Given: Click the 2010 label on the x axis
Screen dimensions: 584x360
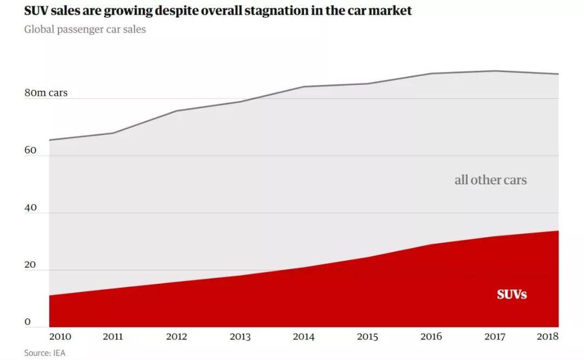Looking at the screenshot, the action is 60,337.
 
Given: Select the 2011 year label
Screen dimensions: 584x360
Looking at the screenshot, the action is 113,337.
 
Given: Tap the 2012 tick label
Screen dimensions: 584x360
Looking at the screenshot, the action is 176,337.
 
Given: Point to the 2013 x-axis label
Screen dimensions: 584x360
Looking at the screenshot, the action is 240,337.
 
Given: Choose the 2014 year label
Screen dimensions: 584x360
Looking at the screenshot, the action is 303,337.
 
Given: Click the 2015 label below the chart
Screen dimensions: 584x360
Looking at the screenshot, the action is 367,337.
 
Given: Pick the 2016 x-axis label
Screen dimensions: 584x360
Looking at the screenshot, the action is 432,337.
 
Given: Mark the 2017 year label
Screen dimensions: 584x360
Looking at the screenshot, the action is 495,337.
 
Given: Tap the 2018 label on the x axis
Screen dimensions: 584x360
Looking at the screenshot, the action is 547,337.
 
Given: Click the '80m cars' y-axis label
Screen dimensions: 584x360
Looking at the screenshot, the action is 46,92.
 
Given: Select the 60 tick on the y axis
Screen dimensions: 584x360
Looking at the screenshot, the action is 30,150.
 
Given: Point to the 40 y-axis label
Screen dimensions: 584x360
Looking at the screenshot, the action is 30,208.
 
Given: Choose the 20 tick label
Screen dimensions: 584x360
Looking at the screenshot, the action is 30,265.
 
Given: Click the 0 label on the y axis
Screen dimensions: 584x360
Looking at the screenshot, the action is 28,322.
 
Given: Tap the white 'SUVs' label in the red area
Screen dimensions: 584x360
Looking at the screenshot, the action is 512,295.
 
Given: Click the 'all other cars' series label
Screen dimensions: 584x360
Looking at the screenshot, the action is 490,180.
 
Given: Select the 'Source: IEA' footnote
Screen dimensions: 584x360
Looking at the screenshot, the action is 45,352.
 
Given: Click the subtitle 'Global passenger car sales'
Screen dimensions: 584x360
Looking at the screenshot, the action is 85,29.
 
